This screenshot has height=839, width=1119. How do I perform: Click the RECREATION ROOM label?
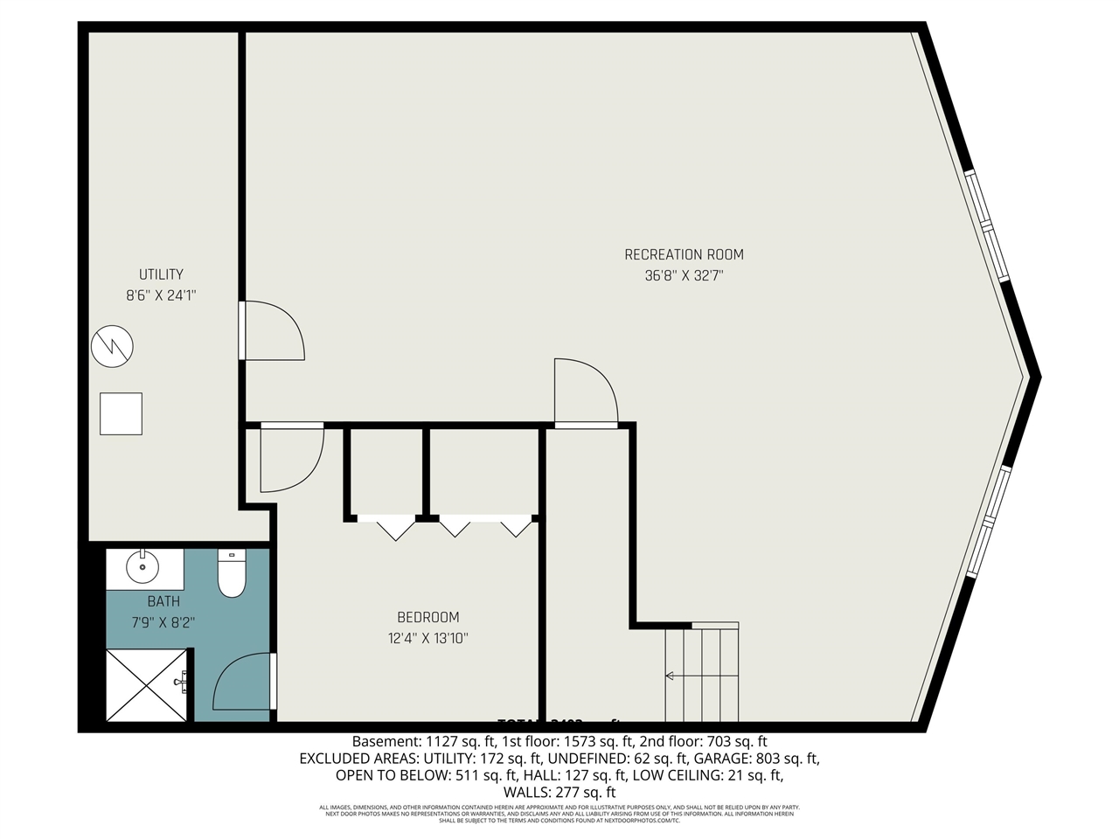click(684, 254)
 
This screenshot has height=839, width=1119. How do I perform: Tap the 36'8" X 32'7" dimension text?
click(684, 276)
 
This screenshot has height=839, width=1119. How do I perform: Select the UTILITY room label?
click(161, 274)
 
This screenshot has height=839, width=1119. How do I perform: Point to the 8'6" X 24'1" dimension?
click(161, 295)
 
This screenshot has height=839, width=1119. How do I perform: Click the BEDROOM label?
click(427, 617)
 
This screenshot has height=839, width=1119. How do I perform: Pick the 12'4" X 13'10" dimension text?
click(427, 638)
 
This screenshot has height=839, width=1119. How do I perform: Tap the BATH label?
click(163, 601)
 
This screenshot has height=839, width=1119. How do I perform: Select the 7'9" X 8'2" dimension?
click(163, 622)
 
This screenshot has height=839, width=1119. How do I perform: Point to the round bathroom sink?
click(142, 569)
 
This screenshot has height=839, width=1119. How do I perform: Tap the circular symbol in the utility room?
click(112, 346)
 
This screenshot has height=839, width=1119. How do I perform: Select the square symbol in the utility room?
click(121, 413)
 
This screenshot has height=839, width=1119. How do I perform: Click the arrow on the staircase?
click(671, 676)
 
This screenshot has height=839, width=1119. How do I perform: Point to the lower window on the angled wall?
click(988, 523)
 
